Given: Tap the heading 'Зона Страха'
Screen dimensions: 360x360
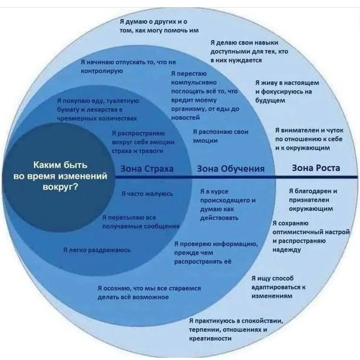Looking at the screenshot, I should click(147, 169).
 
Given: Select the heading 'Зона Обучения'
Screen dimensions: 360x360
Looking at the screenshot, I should click(230, 169).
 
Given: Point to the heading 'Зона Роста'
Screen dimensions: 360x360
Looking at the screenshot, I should click(316, 168).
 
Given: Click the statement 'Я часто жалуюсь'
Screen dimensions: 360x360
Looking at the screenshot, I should click(147, 193).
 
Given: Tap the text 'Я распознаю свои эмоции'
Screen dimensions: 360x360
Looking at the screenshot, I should click(221, 136).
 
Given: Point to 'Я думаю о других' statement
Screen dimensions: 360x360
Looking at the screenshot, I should click(160, 26).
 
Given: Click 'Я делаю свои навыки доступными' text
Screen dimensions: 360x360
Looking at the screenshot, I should click(249, 51).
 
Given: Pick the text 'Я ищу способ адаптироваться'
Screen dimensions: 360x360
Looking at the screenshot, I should click(279, 287).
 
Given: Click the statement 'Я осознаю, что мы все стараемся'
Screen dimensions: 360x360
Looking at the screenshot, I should click(149, 292).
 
